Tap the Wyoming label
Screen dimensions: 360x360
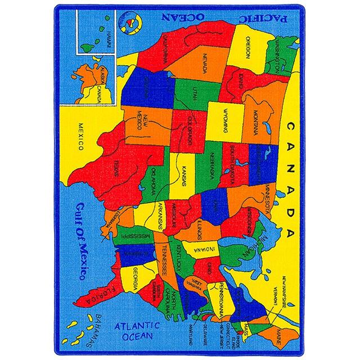[x=224, y=119]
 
